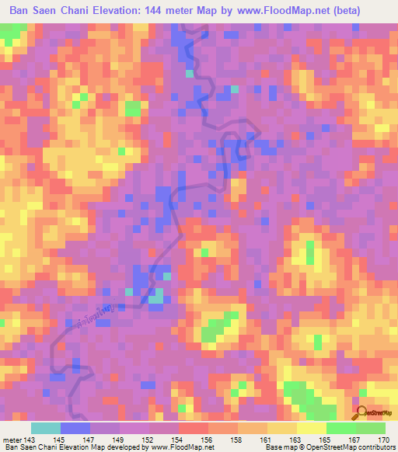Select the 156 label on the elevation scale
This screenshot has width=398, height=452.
click(208, 440)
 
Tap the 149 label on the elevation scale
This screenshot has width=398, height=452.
click(119, 440)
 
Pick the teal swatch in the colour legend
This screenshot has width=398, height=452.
click(45, 429)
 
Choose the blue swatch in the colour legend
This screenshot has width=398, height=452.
click(75, 429)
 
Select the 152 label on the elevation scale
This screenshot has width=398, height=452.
click(148, 440)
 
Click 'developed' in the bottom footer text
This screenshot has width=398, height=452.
click(123, 448)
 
